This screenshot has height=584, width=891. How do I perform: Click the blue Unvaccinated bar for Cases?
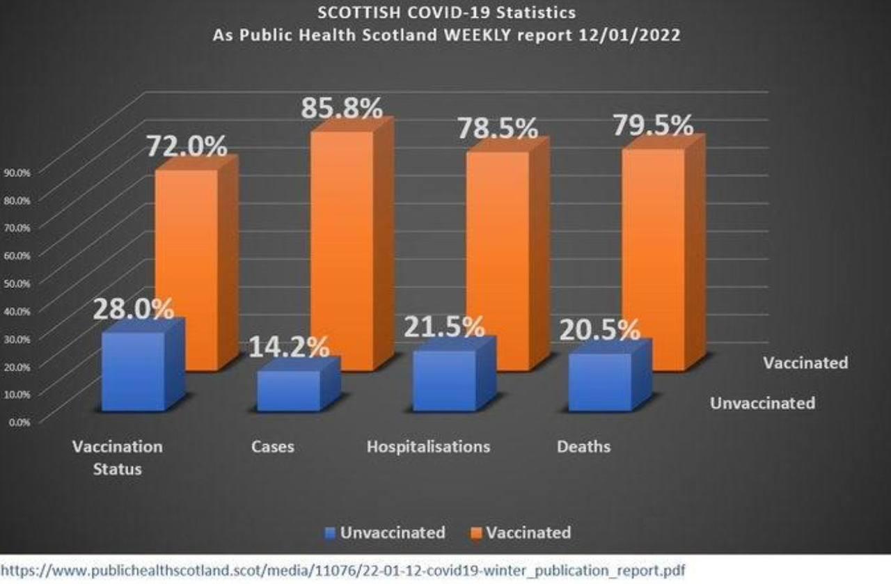click(288, 390)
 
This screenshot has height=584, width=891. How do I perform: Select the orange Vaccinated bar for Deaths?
click(652, 258)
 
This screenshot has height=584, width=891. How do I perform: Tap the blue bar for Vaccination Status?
click(133, 371)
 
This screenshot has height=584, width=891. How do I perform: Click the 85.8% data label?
click(341, 109)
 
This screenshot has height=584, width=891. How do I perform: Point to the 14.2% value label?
click(289, 347)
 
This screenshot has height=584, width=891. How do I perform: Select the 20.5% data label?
click(599, 330)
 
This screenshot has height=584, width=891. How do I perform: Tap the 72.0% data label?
click(186, 147)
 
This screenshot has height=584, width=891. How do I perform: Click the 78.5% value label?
click(497, 128)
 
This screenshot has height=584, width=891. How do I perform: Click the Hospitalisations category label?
click(428, 446)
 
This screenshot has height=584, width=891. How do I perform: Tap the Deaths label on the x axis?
click(583, 446)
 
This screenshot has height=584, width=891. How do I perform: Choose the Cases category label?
click(272, 446)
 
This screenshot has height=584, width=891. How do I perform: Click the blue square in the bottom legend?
click(331, 533)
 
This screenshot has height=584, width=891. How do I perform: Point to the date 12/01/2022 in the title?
click(629, 35)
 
